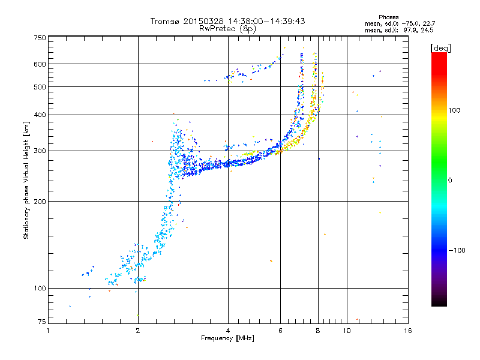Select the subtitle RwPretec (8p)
[x=227, y=29]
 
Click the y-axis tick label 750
[x=40, y=38]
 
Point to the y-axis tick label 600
[x=40, y=64]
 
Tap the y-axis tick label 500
[x=40, y=87]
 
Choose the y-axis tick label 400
[x=40, y=115]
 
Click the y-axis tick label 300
[x=40, y=151]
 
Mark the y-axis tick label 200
[x=40, y=202]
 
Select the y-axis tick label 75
[x=42, y=322]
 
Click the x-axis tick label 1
[x=48, y=331]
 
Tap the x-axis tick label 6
[x=280, y=331]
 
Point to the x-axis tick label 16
[x=408, y=331]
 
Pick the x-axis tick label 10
[x=347, y=331]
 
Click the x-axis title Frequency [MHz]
[x=227, y=338]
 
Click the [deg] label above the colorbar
[x=440, y=48]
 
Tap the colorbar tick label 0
[x=450, y=181]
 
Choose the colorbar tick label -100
[x=457, y=250]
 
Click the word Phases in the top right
[x=388, y=17]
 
